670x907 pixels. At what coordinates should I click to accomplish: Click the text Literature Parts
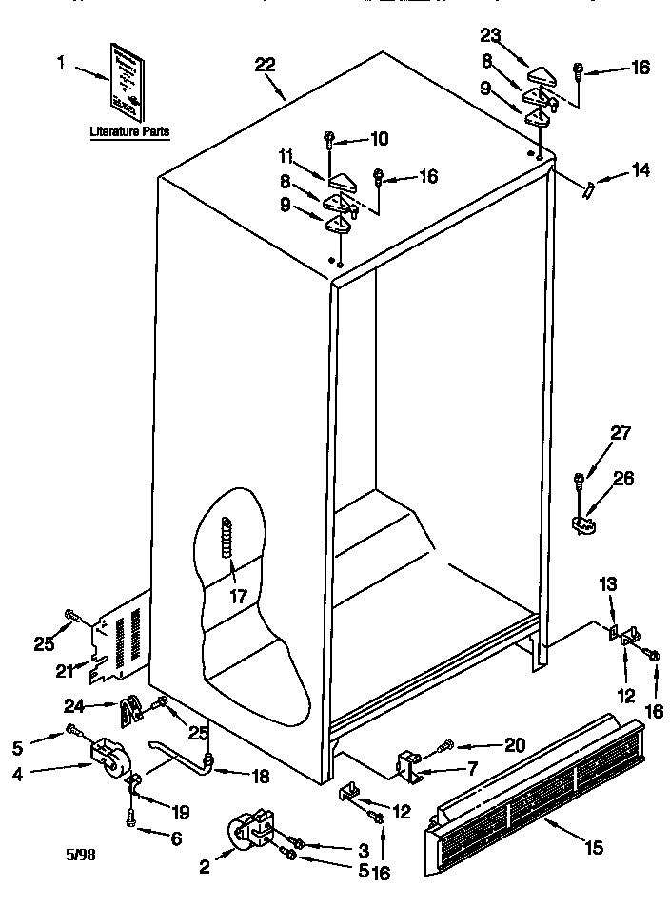pos(130,133)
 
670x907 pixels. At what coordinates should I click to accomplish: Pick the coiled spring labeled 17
pos(227,541)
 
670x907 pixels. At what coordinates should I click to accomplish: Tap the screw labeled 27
pos(578,483)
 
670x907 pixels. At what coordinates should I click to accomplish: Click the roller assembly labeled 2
pos(250,831)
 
